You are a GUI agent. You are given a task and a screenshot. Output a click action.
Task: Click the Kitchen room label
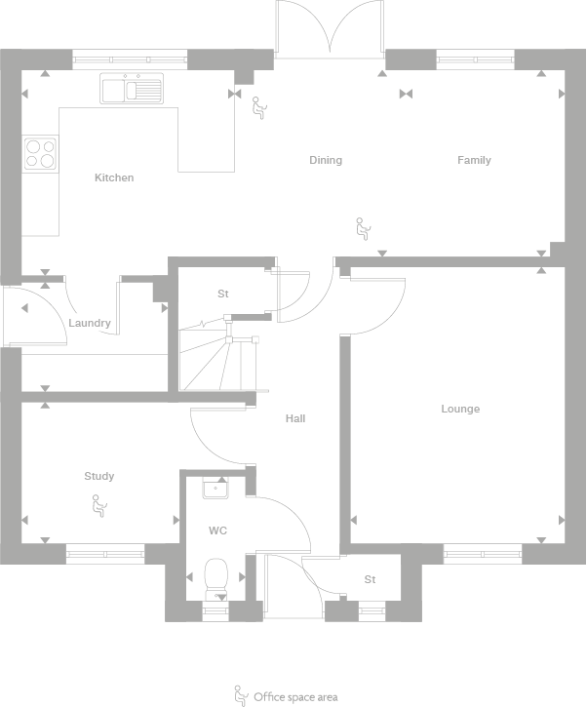tap(114, 177)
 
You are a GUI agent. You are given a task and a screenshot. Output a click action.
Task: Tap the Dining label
tap(326, 160)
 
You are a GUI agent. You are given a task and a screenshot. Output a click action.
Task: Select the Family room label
tap(474, 160)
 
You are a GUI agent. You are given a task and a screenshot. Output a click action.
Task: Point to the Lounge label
tap(460, 409)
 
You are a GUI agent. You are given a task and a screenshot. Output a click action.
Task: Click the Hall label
tap(295, 418)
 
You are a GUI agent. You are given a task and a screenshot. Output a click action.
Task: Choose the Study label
tap(98, 476)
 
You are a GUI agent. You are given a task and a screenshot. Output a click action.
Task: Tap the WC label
tap(217, 531)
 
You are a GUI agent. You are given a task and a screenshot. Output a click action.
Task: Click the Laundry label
tap(90, 323)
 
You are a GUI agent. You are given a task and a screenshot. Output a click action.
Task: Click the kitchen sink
tap(131, 90)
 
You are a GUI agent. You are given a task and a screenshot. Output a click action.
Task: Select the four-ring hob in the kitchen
tap(40, 153)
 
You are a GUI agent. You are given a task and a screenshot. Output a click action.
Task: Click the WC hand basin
tap(216, 488)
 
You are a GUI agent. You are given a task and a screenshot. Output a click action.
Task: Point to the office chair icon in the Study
tap(98, 505)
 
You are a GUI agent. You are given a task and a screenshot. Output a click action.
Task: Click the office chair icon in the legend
tap(239, 695)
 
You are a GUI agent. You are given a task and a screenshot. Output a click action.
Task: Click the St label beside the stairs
tap(222, 294)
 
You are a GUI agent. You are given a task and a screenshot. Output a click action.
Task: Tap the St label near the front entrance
tap(370, 579)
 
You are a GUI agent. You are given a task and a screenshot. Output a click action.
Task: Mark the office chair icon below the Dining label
tap(363, 228)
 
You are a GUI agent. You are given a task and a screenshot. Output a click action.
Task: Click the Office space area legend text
tap(295, 696)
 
